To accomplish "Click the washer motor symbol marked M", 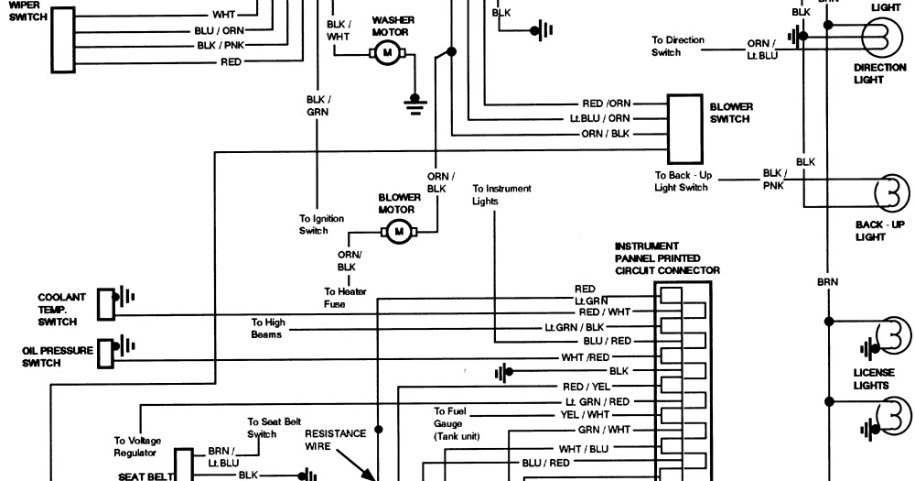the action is pyautogui.click(x=386, y=54).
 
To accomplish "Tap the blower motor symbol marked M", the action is pyautogui.click(x=399, y=232).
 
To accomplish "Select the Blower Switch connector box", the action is pyautogui.click(x=685, y=129).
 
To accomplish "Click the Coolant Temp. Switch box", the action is pyautogui.click(x=105, y=304).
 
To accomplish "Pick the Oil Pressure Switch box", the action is pyautogui.click(x=105, y=354).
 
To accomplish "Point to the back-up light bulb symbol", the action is pyautogui.click(x=891, y=192).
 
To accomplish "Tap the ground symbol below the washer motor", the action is pyautogui.click(x=414, y=104).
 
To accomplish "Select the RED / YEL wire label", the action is pyautogui.click(x=587, y=387).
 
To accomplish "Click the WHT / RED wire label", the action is pyautogui.click(x=586, y=357).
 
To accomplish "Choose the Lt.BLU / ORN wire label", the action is pyautogui.click(x=600, y=118).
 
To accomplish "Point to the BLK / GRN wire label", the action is pyautogui.click(x=318, y=105).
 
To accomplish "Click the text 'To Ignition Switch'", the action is pyautogui.click(x=321, y=224).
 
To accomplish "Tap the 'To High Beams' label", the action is pyautogui.click(x=268, y=329).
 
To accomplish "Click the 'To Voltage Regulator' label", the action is pyautogui.click(x=137, y=447).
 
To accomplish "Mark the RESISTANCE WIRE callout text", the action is pyautogui.click(x=335, y=440).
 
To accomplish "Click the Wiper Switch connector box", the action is pyautogui.click(x=63, y=39).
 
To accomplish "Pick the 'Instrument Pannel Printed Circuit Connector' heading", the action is pyautogui.click(x=667, y=258).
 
